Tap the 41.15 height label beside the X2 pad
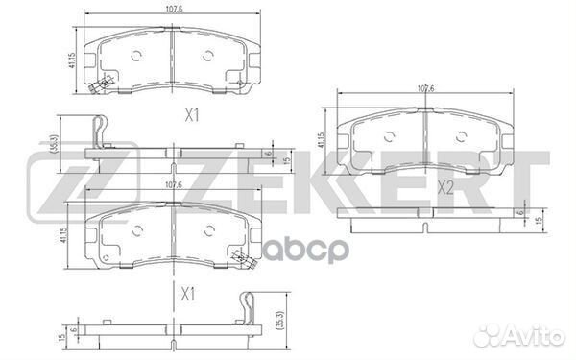click(321, 140)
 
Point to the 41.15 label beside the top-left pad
click(72, 60)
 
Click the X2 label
click(445, 188)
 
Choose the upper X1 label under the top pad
click(191, 116)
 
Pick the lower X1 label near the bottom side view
click(188, 294)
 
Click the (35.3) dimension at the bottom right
click(281, 322)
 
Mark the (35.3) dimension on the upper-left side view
click(56, 143)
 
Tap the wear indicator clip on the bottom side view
click(247, 308)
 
